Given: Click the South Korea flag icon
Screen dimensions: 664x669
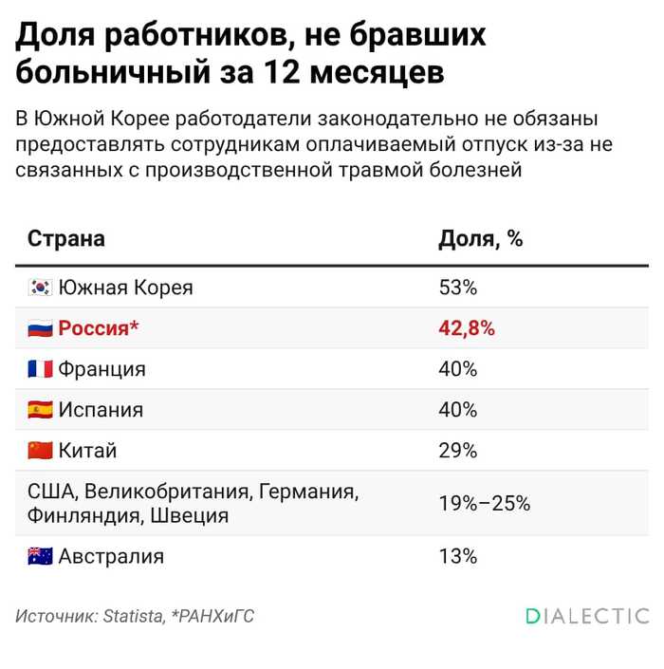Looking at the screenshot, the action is click(x=40, y=288).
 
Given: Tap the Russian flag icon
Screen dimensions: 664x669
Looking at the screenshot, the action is click(x=40, y=328).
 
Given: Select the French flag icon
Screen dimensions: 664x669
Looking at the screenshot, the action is click(x=40, y=369).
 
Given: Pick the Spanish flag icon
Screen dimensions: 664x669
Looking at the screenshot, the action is click(x=40, y=410).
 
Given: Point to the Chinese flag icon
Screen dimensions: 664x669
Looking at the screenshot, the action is click(x=40, y=451).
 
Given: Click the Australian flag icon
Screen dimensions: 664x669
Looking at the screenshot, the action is click(x=40, y=556).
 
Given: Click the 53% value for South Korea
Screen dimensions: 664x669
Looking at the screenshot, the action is click(x=458, y=288).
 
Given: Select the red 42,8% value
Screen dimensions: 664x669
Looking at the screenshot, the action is click(x=467, y=328).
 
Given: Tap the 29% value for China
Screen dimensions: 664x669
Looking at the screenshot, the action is click(x=458, y=451).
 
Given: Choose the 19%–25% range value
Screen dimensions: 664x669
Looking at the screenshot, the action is click(x=485, y=504).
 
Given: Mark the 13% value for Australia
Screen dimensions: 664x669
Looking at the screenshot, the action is click(x=458, y=556).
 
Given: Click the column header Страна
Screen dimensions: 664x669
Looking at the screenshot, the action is click(x=66, y=238).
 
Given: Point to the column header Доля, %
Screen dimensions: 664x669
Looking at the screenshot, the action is click(x=481, y=239).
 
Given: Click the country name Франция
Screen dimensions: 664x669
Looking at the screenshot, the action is click(x=101, y=369).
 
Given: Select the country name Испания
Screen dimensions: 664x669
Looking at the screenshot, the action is click(x=101, y=410).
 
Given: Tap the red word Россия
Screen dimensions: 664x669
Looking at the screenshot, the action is click(x=93, y=328).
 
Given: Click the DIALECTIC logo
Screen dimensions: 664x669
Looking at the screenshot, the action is click(x=588, y=616).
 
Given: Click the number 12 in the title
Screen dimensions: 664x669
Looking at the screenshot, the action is click(x=282, y=72).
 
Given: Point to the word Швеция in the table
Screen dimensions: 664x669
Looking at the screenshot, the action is click(x=190, y=516).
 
